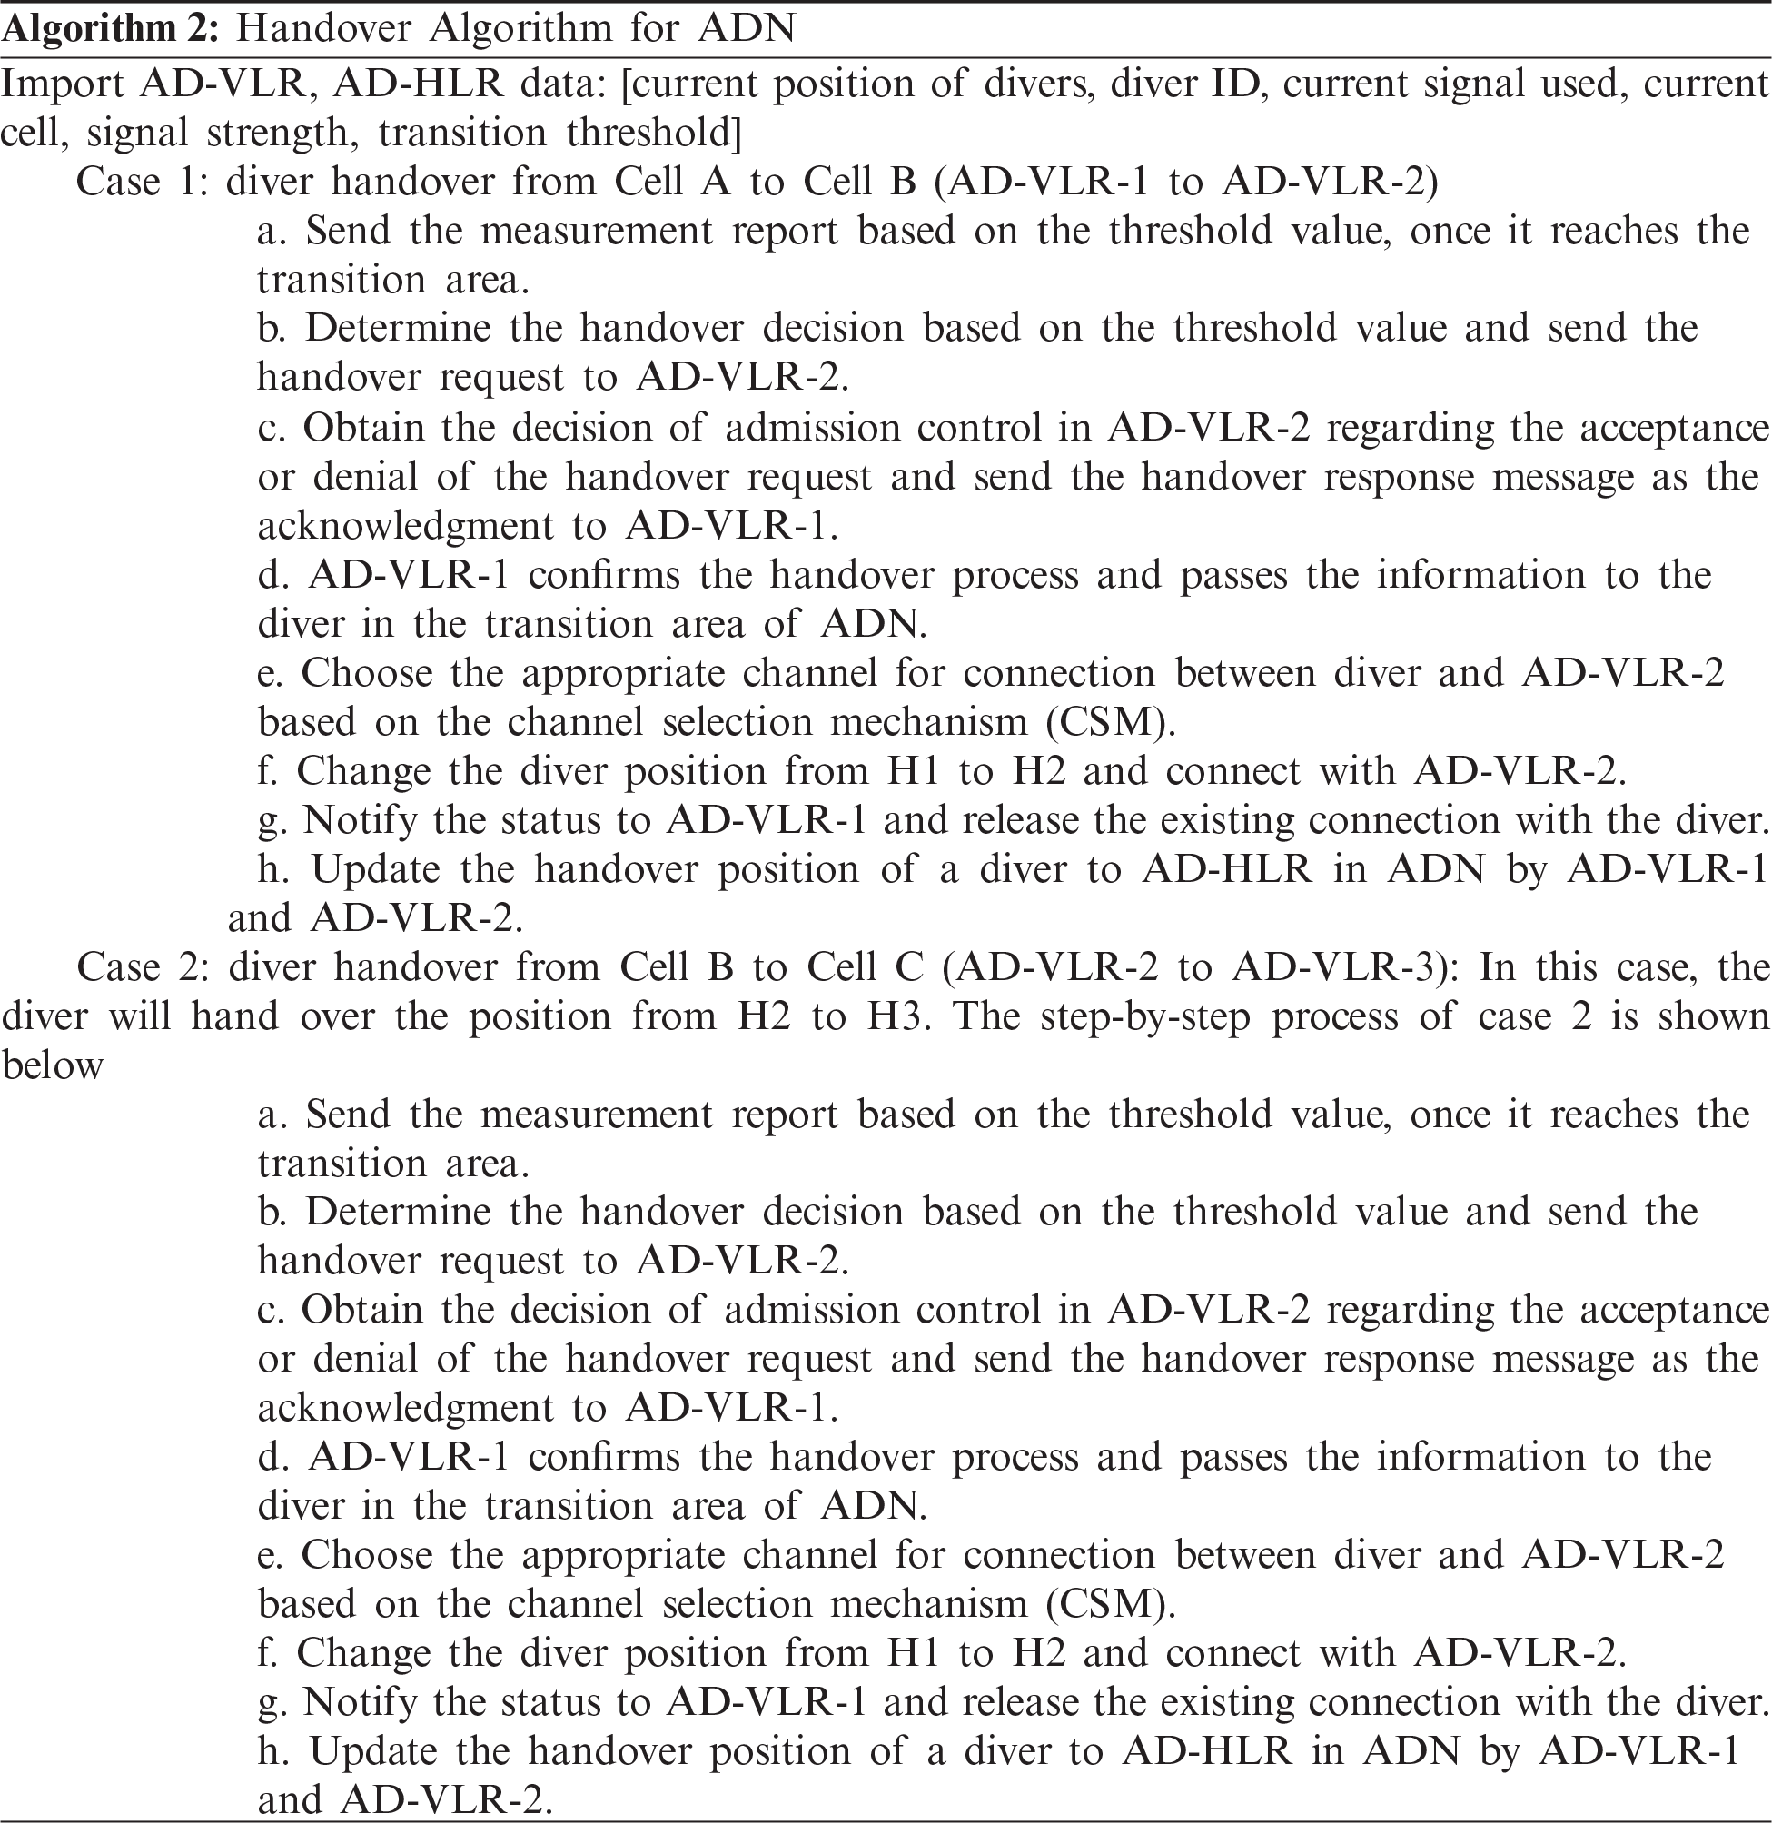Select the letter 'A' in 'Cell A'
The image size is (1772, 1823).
[717, 183]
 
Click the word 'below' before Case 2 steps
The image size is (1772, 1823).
[52, 1065]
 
